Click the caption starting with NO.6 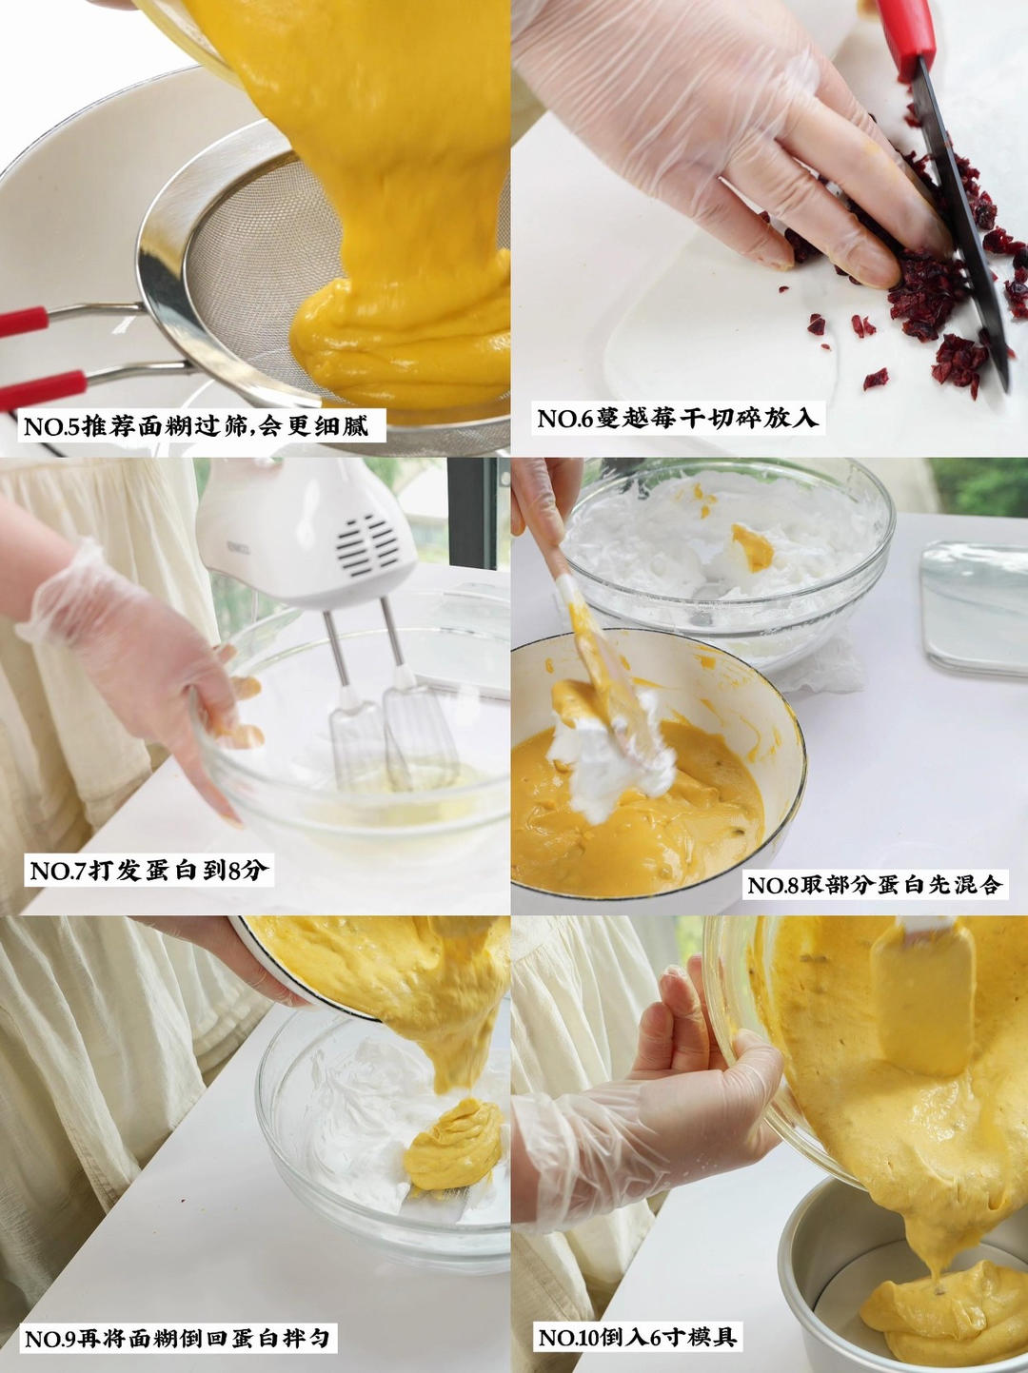click(x=678, y=419)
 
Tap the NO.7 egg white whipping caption click(x=148, y=870)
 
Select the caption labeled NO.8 click(x=874, y=885)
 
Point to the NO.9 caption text click(x=177, y=1339)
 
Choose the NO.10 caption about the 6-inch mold click(x=637, y=1337)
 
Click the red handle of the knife click(x=908, y=33)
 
